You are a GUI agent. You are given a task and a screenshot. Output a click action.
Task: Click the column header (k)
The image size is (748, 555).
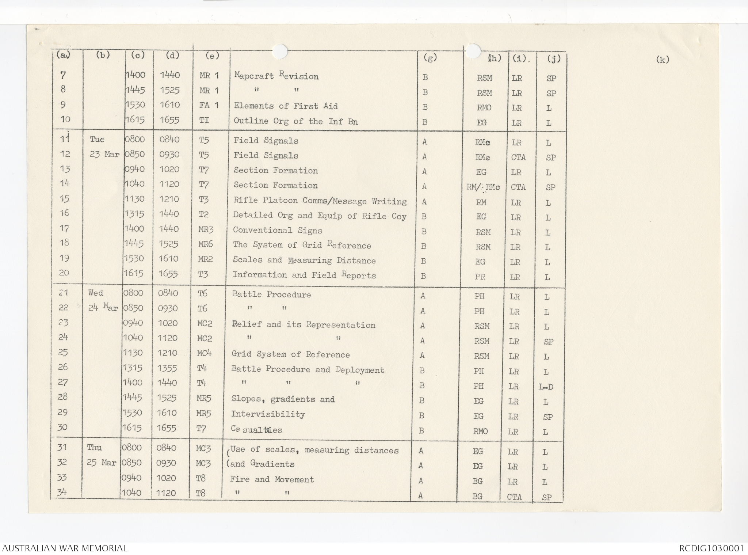[662, 60]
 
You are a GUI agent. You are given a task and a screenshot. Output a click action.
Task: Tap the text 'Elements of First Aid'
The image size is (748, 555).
[286, 106]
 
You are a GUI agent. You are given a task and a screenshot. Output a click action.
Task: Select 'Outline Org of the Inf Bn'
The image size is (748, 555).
[295, 121]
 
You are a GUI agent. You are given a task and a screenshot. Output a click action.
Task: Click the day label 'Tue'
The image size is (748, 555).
[97, 140]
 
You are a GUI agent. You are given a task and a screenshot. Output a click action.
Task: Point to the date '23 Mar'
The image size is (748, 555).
[104, 155]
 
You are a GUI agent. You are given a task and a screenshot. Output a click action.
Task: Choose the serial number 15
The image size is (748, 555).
[64, 199]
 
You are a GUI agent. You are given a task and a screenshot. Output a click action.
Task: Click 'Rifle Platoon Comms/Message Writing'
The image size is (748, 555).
[320, 201]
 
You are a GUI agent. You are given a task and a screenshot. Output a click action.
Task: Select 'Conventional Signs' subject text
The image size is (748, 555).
[277, 231]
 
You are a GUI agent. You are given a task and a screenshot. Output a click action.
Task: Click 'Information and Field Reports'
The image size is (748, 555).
[304, 275]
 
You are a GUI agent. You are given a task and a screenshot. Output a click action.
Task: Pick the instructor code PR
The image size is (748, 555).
[480, 277]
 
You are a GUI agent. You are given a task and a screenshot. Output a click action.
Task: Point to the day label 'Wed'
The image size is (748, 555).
[96, 293]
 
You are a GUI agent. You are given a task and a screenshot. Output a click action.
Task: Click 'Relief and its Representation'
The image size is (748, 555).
[304, 325]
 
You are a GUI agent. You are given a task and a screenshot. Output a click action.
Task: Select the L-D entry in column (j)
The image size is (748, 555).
[546, 387]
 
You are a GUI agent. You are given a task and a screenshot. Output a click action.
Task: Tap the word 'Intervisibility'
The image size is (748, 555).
[268, 414]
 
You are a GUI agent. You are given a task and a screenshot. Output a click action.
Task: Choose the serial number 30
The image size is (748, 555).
[62, 427]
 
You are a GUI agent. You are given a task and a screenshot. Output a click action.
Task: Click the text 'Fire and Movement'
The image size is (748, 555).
[272, 479]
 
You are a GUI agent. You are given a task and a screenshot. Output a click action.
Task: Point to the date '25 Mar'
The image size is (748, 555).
[102, 463]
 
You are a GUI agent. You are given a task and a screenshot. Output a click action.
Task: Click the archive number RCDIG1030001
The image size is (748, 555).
[711, 548]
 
